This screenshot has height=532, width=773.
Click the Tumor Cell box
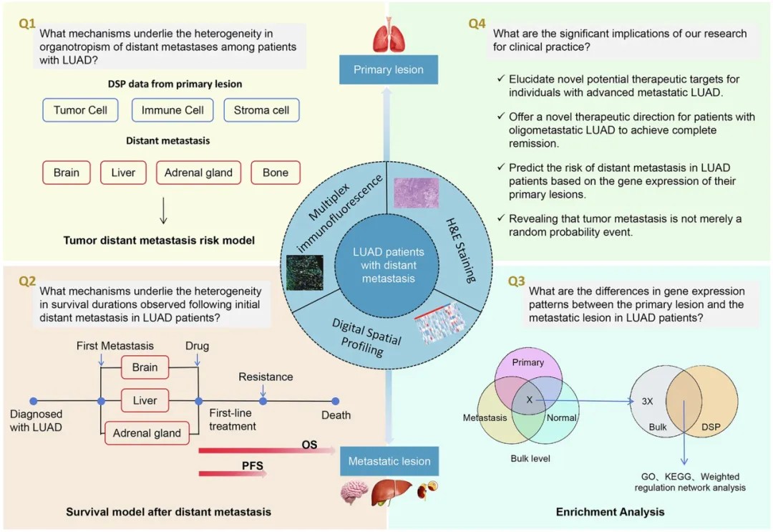point(80,110)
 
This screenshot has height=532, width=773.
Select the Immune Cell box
point(172,110)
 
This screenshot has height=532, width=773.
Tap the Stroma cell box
point(261,110)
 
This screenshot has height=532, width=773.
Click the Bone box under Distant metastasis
point(276,173)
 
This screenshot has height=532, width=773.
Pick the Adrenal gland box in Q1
point(199,173)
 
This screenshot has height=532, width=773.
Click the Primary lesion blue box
point(389,69)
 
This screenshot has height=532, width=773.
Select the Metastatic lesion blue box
point(389,461)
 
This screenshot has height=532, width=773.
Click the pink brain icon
point(354,492)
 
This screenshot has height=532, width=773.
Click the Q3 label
point(516,281)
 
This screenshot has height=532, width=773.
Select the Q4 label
point(477,24)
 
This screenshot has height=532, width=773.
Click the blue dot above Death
point(335,402)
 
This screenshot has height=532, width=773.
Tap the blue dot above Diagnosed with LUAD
point(34,402)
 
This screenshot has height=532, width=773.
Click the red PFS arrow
point(233,473)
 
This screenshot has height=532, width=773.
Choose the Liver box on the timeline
point(145,400)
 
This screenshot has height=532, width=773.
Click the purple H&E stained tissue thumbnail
point(416,193)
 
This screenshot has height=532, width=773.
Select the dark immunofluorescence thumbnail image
point(305,273)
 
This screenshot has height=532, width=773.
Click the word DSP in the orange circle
point(711,427)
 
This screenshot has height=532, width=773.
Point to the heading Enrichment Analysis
point(610,512)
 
